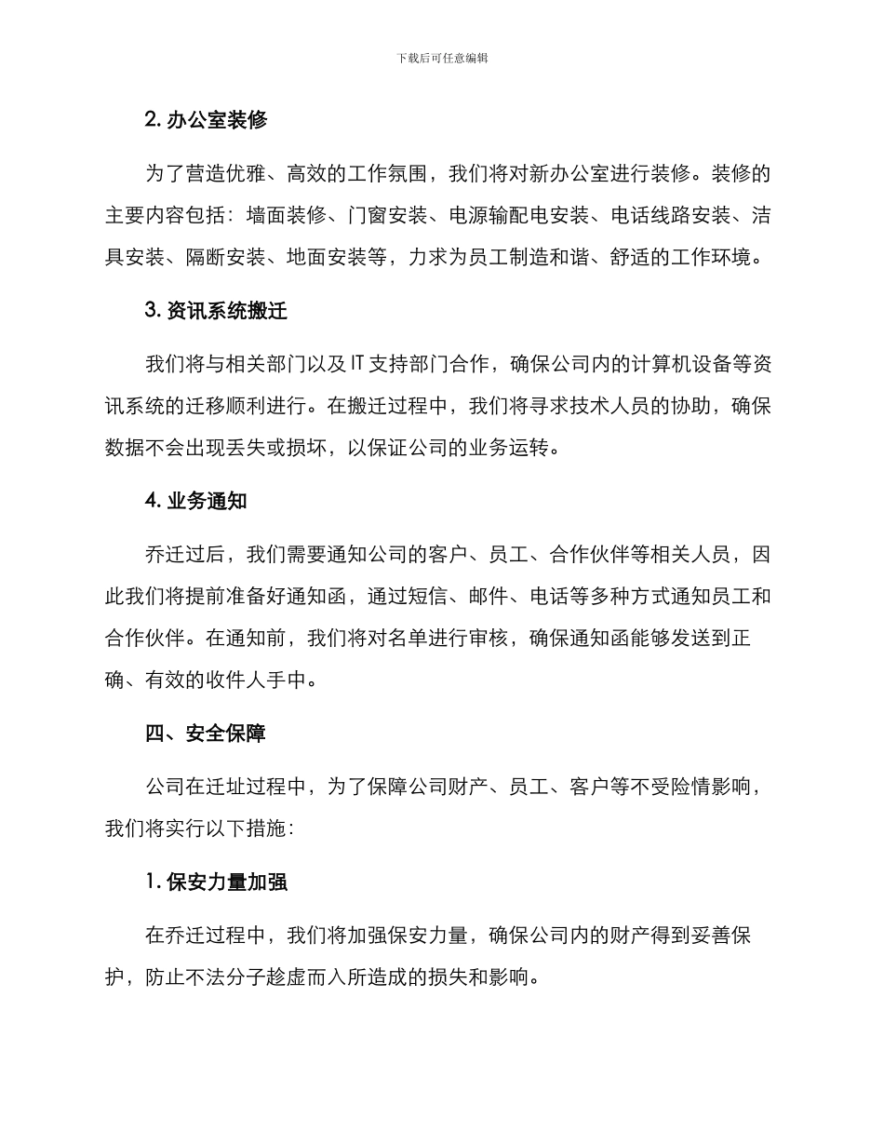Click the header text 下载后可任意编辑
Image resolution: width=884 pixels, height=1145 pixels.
point(442,58)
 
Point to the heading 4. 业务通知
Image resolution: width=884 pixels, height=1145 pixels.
point(195,500)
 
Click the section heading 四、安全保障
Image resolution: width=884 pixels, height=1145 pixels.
point(206,734)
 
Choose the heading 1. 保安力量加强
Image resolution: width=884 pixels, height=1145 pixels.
point(216,882)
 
